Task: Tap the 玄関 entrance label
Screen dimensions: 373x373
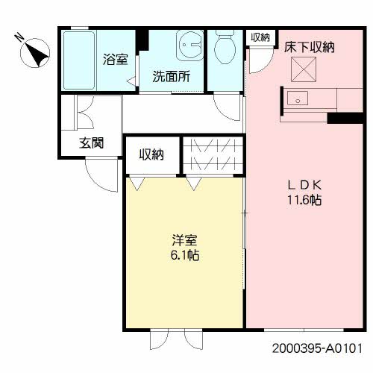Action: click(x=91, y=145)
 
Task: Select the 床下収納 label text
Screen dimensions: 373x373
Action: click(x=309, y=47)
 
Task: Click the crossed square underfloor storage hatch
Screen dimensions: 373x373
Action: click(x=304, y=72)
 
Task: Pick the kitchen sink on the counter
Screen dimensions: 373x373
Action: click(x=301, y=98)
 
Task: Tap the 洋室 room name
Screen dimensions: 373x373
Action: click(x=184, y=240)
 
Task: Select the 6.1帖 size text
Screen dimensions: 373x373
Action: click(x=184, y=255)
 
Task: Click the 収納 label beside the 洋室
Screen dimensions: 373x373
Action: click(x=151, y=154)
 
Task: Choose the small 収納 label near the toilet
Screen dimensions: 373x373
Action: click(x=260, y=37)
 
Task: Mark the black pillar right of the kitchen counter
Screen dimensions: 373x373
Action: click(x=344, y=118)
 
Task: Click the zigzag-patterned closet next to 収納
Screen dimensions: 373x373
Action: click(x=213, y=154)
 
